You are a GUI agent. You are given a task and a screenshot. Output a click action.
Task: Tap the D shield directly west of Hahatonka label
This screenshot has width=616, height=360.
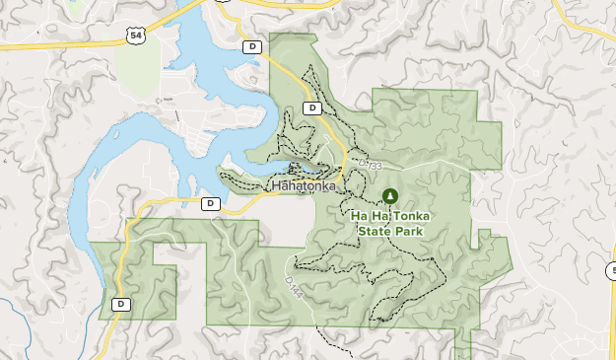(x=210, y=203)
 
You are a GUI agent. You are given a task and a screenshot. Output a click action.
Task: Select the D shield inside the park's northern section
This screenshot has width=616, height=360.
(x=312, y=108)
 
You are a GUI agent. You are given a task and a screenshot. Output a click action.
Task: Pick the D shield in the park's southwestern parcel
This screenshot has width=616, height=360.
(x=121, y=304)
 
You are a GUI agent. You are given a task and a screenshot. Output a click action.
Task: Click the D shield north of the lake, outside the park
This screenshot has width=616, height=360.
(x=253, y=46)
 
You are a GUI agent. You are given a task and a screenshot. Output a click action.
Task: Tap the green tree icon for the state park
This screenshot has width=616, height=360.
(x=391, y=196)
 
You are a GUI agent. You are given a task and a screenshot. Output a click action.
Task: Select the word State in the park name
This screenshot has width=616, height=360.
(x=374, y=231)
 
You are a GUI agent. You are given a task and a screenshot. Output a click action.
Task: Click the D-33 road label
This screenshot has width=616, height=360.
(x=367, y=165)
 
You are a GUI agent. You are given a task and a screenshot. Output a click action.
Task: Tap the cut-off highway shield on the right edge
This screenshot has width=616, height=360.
(x=612, y=270)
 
